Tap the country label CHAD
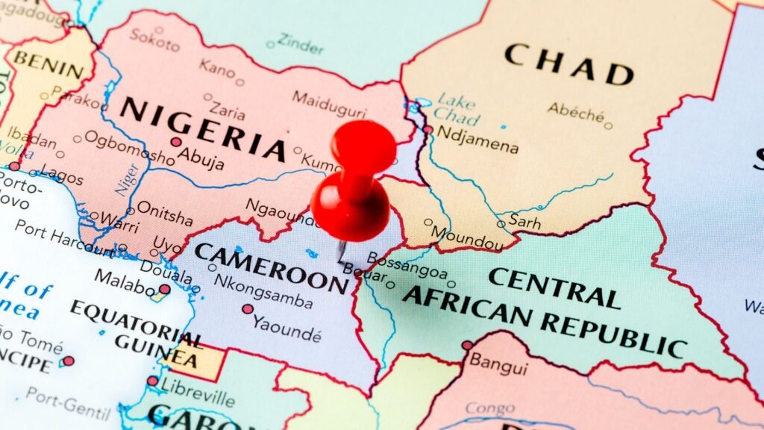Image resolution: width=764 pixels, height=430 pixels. coord(569,64)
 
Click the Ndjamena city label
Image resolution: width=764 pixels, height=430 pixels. coord(477,140)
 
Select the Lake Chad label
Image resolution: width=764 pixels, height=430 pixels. coord(457,109)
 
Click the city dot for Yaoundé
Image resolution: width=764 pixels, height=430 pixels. coord(248,308)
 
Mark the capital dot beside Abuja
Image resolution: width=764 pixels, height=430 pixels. coord(176,142)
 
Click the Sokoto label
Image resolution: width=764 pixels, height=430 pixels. coord(155,38)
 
